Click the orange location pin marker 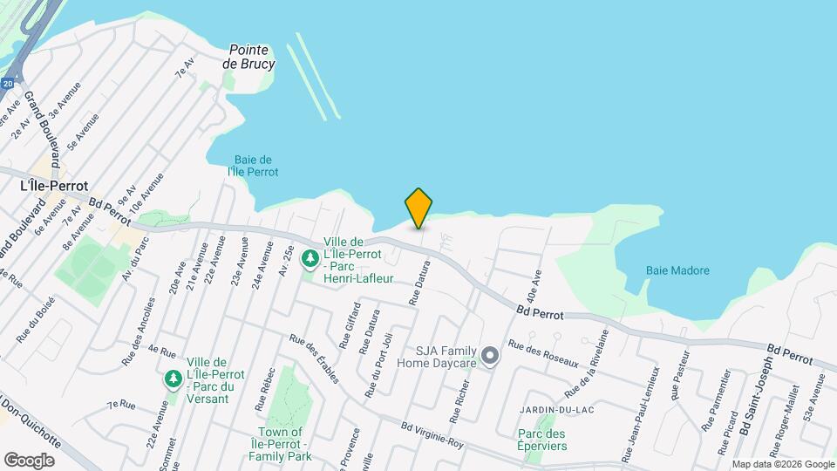point(418,208)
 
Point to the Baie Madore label point(677,270)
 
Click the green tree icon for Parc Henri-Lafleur point(310,258)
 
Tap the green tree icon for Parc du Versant point(174,379)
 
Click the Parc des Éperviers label point(541,440)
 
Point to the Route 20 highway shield point(7,84)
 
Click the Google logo point(29,460)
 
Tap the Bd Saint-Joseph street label point(756,404)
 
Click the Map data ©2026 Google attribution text point(783,464)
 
